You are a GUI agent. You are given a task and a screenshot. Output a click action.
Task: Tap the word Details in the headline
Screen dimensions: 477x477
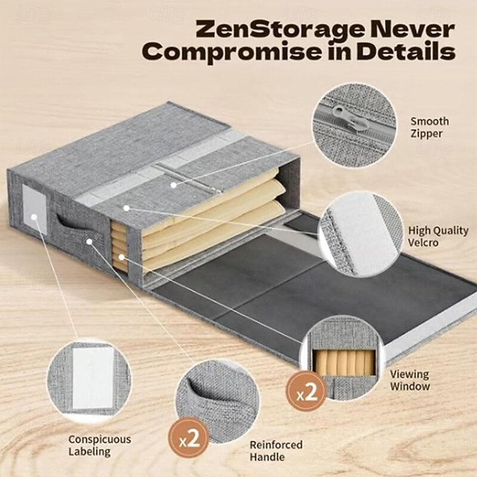click(406, 52)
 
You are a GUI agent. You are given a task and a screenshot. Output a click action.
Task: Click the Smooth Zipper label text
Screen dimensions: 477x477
click(429, 128)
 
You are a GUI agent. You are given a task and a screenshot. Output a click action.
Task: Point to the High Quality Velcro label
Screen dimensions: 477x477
click(438, 236)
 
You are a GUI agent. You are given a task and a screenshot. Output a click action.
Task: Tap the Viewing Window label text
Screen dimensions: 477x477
click(410, 380)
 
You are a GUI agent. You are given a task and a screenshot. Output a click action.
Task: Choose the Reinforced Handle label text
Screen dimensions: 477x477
click(276, 451)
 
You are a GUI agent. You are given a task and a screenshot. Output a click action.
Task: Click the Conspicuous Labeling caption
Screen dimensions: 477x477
click(100, 445)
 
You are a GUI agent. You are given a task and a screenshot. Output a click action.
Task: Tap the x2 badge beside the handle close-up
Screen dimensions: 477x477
click(189, 438)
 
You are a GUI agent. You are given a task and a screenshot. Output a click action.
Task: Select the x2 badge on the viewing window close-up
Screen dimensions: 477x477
click(305, 392)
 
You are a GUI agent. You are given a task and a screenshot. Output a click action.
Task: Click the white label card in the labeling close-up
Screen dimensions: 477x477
click(93, 378)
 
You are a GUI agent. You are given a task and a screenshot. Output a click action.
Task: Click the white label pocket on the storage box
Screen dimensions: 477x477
click(35, 209)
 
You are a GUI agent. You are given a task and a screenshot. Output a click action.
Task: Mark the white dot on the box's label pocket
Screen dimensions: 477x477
click(34, 217)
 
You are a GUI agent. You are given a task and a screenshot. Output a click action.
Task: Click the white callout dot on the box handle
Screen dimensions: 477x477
click(89, 241)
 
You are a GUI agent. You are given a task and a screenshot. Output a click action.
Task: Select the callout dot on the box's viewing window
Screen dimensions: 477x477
click(122, 258)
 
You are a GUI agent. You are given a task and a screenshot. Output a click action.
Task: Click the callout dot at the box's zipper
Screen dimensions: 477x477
click(174, 185)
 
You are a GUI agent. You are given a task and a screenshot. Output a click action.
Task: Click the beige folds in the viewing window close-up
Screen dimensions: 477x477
click(344, 363)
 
